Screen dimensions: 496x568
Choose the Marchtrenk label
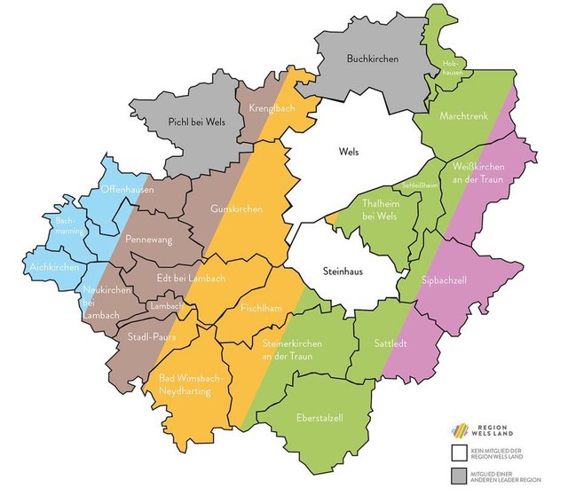(x=463, y=116)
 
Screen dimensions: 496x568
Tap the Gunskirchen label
(x=235, y=209)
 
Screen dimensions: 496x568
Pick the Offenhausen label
(x=126, y=190)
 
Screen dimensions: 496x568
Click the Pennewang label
(x=149, y=240)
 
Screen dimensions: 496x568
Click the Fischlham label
(x=262, y=308)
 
